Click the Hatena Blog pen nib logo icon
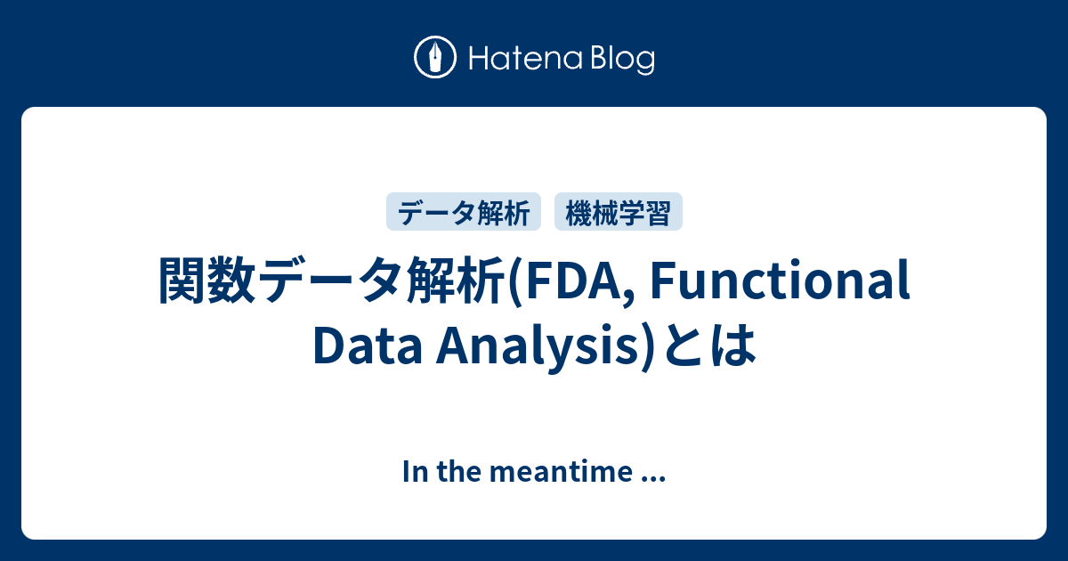point(436,58)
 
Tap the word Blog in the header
point(619,59)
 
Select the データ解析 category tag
point(464,212)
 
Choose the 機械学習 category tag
point(618,212)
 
